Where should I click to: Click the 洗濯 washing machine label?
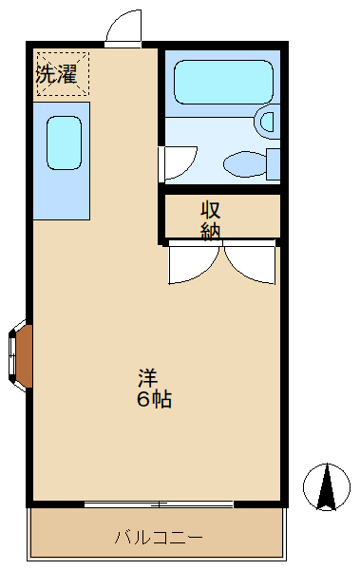(56, 74)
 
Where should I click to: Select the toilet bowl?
(245, 164)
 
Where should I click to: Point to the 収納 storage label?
(211, 219)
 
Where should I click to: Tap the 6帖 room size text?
(154, 400)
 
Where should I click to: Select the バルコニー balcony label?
(158, 538)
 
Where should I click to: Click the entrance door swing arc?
(123, 28)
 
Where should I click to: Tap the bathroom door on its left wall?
(178, 162)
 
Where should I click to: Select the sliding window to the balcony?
(158, 503)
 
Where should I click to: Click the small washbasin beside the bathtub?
(266, 122)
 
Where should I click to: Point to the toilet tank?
(274, 163)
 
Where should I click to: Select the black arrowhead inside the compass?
(327, 488)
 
